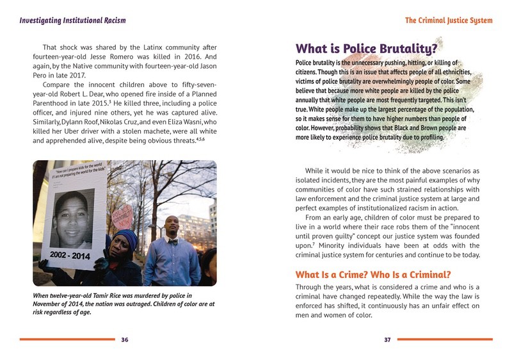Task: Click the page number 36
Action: (125, 340)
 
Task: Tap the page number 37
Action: (387, 340)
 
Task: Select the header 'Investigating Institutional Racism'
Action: (72, 20)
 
